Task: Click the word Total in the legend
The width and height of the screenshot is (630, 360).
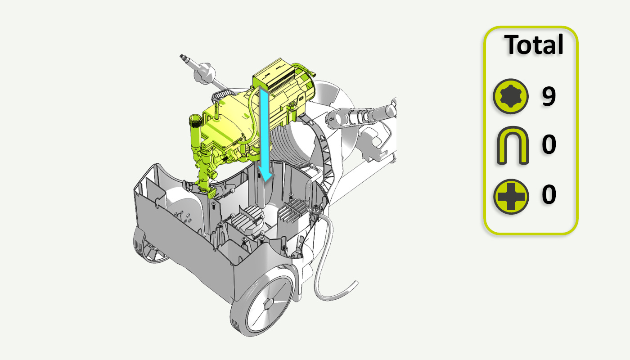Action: [534, 45]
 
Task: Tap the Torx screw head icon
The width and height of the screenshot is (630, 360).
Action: [510, 96]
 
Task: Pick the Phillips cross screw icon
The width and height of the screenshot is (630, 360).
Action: [511, 197]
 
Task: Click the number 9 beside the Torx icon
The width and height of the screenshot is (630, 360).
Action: [549, 96]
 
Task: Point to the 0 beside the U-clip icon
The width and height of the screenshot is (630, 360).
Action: [549, 144]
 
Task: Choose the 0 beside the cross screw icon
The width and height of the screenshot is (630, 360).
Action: [549, 194]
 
